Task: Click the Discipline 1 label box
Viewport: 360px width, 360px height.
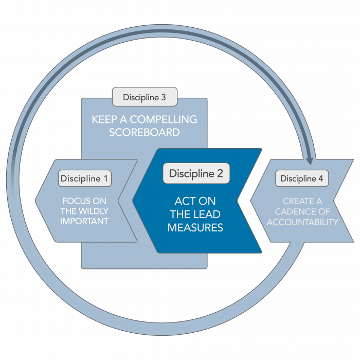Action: click(x=85, y=178)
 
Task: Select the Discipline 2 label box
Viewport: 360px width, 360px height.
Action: click(x=196, y=173)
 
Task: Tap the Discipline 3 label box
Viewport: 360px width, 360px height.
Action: click(x=145, y=97)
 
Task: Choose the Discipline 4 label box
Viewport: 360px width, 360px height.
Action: click(x=302, y=178)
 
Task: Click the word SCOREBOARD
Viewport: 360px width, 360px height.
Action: click(x=145, y=132)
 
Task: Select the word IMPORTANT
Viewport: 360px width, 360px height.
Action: click(x=84, y=222)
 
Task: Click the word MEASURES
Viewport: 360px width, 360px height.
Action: click(x=195, y=227)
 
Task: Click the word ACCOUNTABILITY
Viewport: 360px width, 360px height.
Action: click(x=302, y=222)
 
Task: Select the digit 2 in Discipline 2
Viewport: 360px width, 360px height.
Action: click(x=220, y=173)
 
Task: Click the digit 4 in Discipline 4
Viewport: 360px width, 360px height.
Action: click(x=321, y=178)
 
